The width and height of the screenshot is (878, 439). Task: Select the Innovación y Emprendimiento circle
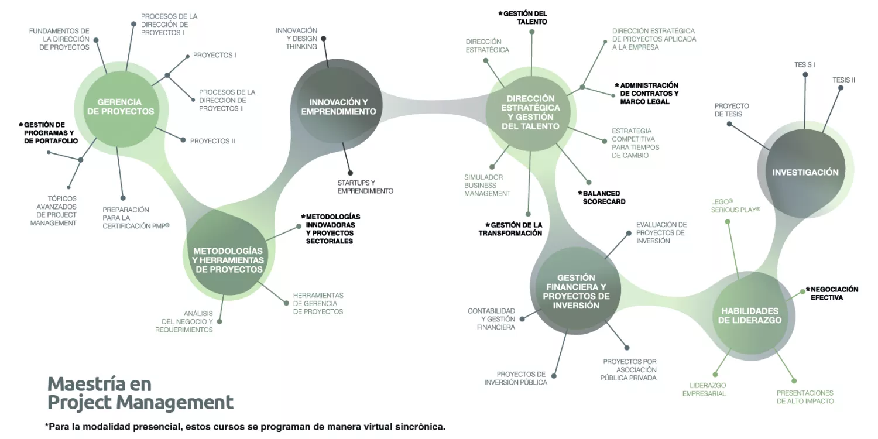338,107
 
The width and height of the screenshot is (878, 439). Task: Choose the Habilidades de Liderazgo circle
750,315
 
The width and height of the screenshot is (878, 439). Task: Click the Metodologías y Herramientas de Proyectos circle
228,260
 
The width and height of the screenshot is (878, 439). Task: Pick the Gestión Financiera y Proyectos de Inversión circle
576,291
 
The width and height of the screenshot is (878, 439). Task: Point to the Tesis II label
843,80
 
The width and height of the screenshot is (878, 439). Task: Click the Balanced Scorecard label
601,197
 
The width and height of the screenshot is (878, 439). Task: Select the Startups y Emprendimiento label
365,187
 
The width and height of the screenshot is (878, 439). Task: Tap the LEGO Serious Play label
735,205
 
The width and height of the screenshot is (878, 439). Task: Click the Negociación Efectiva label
834,293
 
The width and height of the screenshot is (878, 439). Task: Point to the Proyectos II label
212,141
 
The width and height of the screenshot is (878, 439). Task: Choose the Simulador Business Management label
487,185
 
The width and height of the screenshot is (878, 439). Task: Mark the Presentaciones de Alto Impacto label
805,397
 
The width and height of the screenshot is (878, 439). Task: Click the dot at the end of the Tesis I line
807,74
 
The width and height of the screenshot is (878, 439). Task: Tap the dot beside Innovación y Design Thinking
324,39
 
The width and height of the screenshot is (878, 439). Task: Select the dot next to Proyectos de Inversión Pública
554,376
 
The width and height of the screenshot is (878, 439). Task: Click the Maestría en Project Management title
140,393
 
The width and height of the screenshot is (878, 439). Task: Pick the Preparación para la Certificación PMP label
135,218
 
